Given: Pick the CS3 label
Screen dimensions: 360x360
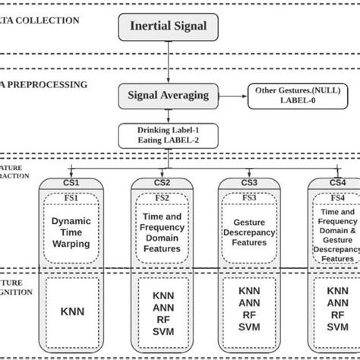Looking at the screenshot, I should [x=250, y=183].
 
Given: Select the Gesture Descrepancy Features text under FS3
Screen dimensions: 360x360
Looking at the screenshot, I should [x=250, y=231].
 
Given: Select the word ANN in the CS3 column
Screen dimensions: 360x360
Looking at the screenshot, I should [x=250, y=303].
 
